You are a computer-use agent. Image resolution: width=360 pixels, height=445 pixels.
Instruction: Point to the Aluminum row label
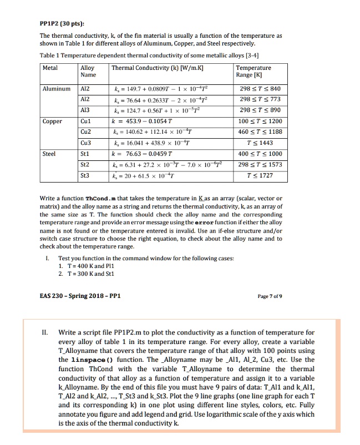58,89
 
